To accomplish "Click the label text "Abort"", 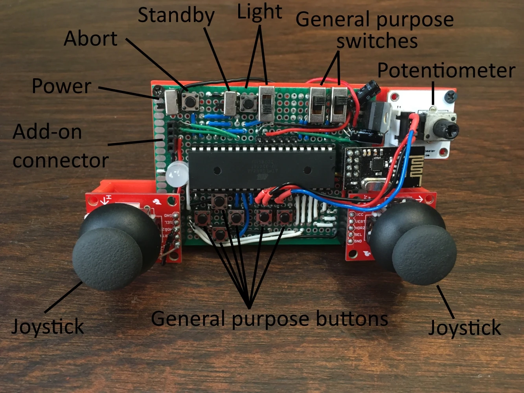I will (x=90, y=39).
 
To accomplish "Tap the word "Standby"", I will (x=176, y=16).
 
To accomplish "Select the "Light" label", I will (x=259, y=12).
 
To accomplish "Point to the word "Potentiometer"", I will (x=446, y=71).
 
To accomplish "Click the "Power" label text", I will (x=61, y=86).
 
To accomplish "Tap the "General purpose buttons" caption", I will (x=269, y=318).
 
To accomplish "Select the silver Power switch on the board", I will (x=171, y=101).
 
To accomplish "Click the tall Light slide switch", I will (x=267, y=103).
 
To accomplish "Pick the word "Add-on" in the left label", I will (x=47, y=132).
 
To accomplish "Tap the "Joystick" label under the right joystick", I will (x=465, y=327).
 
